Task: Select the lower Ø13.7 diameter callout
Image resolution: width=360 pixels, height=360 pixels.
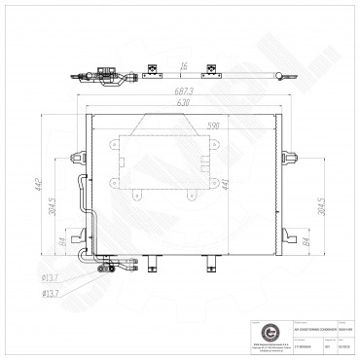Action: pyautogui.click(x=50, y=290)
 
